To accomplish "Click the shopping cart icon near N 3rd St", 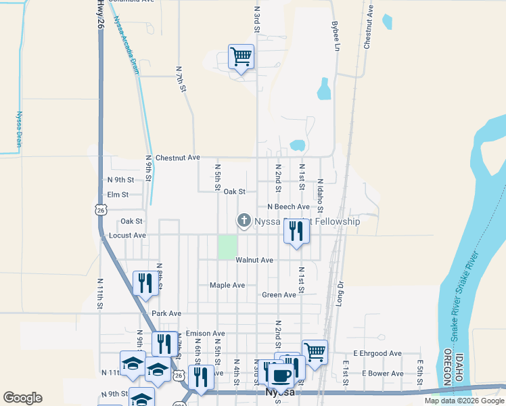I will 241,57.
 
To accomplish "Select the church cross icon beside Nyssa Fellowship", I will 244,221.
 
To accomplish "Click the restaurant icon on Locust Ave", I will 296,231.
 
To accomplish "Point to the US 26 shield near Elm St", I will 101,210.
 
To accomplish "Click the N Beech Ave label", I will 288,207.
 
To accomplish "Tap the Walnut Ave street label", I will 254,260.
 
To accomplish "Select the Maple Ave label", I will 227,286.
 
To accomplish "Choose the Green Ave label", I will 279,295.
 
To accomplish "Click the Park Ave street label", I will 166,313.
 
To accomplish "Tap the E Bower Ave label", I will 382,374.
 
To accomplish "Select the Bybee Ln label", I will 335,35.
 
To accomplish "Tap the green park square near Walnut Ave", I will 227,246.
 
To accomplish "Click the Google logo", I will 22,398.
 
